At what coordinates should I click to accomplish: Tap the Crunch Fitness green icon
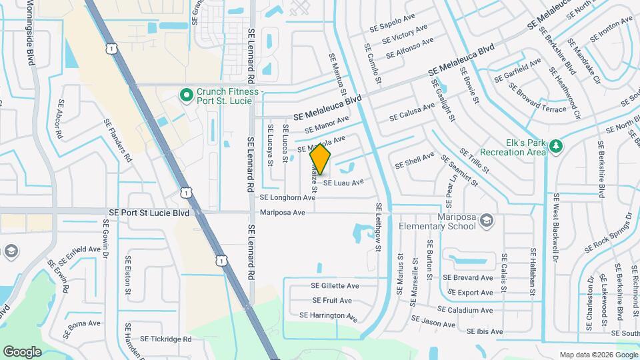point(188,96)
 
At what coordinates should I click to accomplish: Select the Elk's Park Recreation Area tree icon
point(557,146)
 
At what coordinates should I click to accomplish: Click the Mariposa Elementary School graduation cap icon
point(487,220)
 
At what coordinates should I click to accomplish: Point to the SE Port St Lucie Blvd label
point(149,213)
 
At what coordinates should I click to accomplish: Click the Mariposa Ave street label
point(283,213)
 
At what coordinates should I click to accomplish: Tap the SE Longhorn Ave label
point(287,198)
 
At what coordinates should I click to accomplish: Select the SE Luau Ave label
point(343,182)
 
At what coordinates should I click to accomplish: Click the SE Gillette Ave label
point(335,285)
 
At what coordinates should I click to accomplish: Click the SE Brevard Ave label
point(467,278)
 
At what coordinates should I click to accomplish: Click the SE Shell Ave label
point(415,163)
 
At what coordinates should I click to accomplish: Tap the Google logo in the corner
point(22,352)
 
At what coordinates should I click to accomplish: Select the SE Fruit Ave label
point(336,301)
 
